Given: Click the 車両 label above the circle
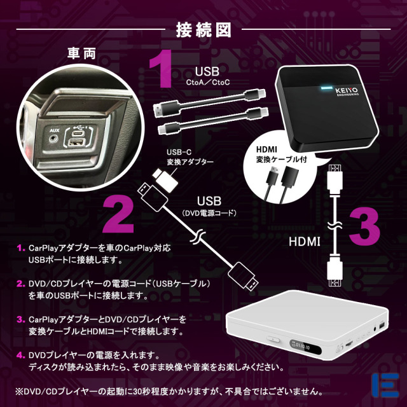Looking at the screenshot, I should tap(82, 53).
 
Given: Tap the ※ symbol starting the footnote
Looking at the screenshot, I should tap(20, 390).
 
